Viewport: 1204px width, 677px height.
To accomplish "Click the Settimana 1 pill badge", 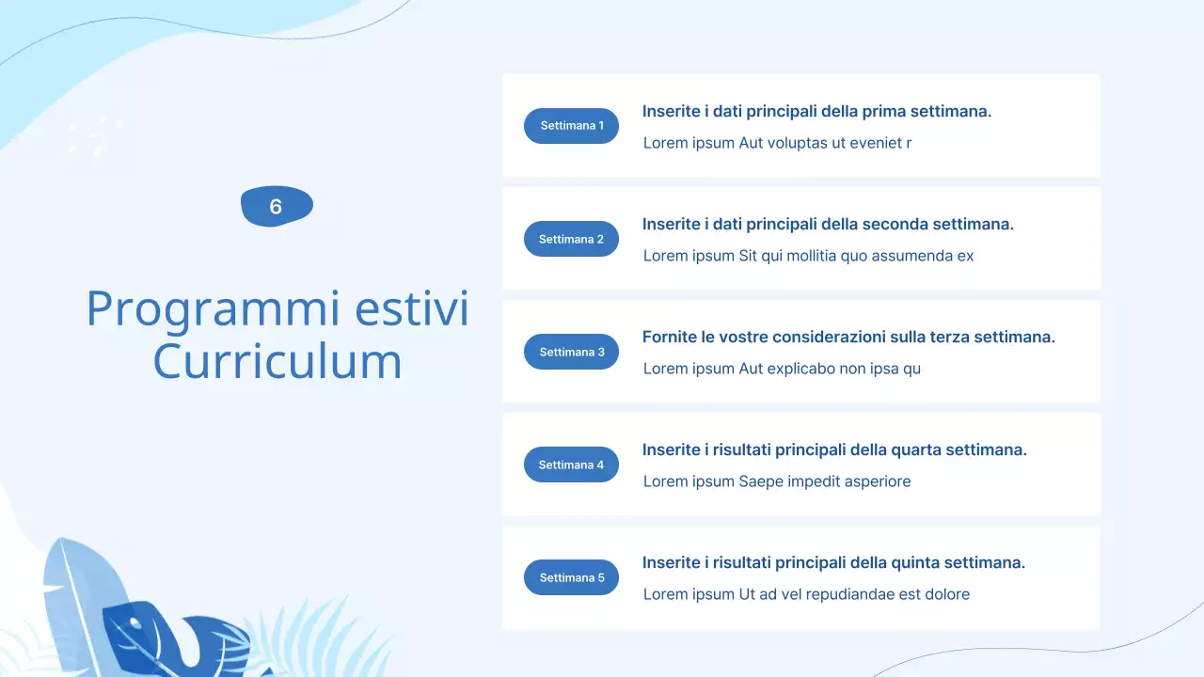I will click(x=571, y=126).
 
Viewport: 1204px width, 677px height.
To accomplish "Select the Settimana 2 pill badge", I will click(x=571, y=239).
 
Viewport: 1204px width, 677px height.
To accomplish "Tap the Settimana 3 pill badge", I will click(x=571, y=352).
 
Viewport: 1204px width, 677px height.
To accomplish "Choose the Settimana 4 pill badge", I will click(x=571, y=464).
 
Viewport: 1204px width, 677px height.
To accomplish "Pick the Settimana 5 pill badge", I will click(x=571, y=577).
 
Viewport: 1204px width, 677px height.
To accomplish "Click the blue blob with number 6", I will click(x=277, y=207).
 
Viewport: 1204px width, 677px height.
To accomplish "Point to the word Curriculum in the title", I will click(x=277, y=361).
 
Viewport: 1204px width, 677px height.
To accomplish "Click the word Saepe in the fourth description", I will click(x=761, y=481).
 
